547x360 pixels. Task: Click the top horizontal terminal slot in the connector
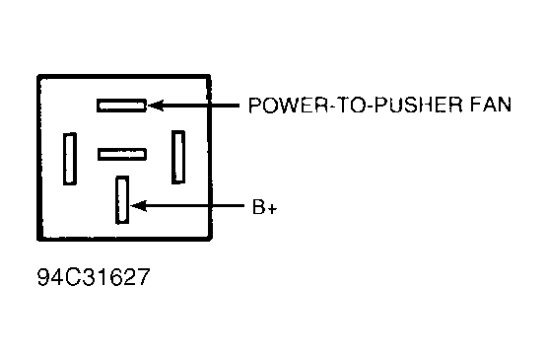(x=122, y=104)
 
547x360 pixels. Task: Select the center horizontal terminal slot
(x=122, y=153)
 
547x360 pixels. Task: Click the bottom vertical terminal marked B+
(x=122, y=199)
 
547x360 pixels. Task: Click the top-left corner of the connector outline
(x=37, y=74)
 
